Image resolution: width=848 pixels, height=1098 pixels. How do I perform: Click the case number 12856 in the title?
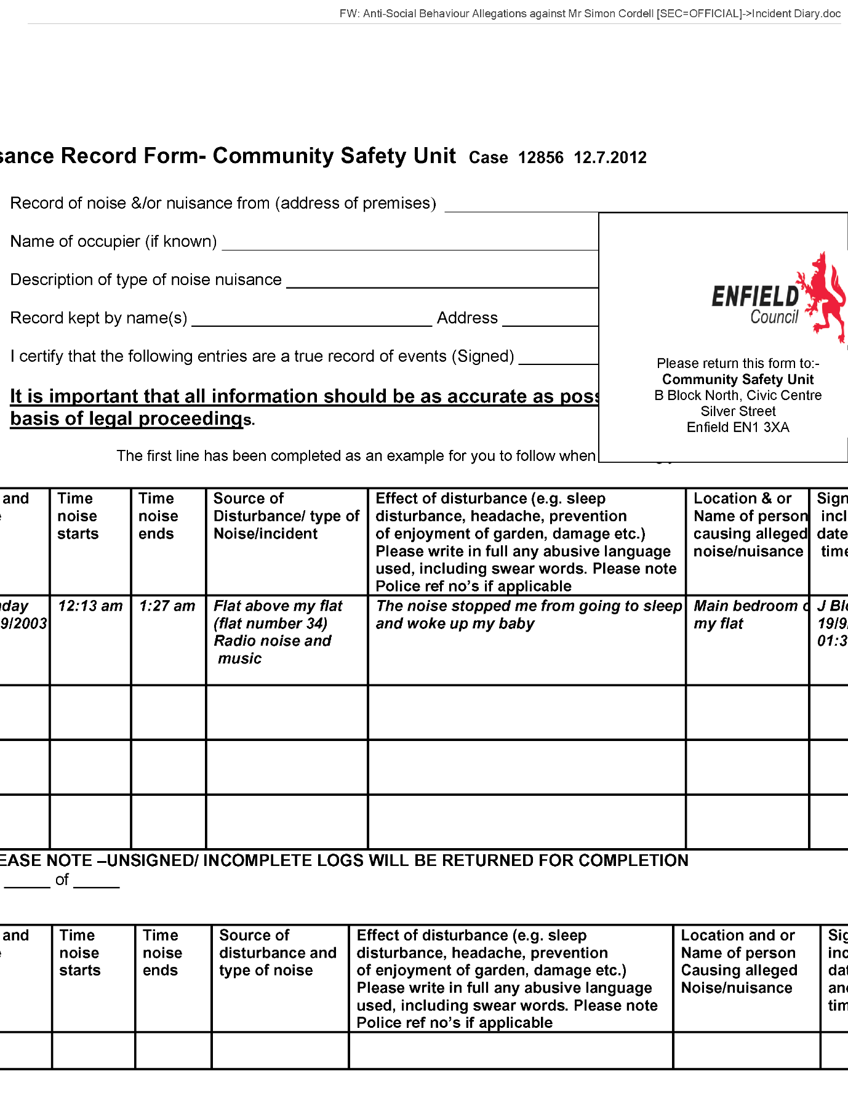(x=540, y=158)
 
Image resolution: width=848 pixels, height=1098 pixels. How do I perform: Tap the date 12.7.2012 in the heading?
(x=610, y=158)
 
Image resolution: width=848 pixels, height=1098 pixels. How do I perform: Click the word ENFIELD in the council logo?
(x=754, y=297)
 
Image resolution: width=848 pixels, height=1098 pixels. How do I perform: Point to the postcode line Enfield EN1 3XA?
(x=738, y=427)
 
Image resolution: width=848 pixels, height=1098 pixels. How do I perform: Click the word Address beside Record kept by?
(x=467, y=318)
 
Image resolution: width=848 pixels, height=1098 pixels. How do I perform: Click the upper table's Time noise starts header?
(x=78, y=516)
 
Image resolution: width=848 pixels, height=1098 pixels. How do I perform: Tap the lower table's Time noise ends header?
(x=162, y=953)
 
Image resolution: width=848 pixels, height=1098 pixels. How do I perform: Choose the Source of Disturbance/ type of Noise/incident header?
(x=286, y=516)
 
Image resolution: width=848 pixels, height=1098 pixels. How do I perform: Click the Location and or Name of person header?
(x=738, y=961)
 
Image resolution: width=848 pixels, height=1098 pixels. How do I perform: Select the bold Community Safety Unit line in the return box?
(x=738, y=379)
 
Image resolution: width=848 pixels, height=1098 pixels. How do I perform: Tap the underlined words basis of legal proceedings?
(x=127, y=419)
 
